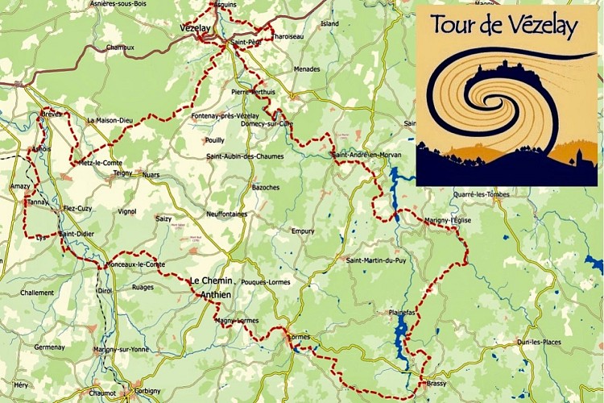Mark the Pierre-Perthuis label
click(x=253, y=92)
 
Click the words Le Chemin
click(x=210, y=280)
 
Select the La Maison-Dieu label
click(x=110, y=120)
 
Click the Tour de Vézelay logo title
click(x=504, y=25)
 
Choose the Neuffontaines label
click(x=226, y=214)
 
